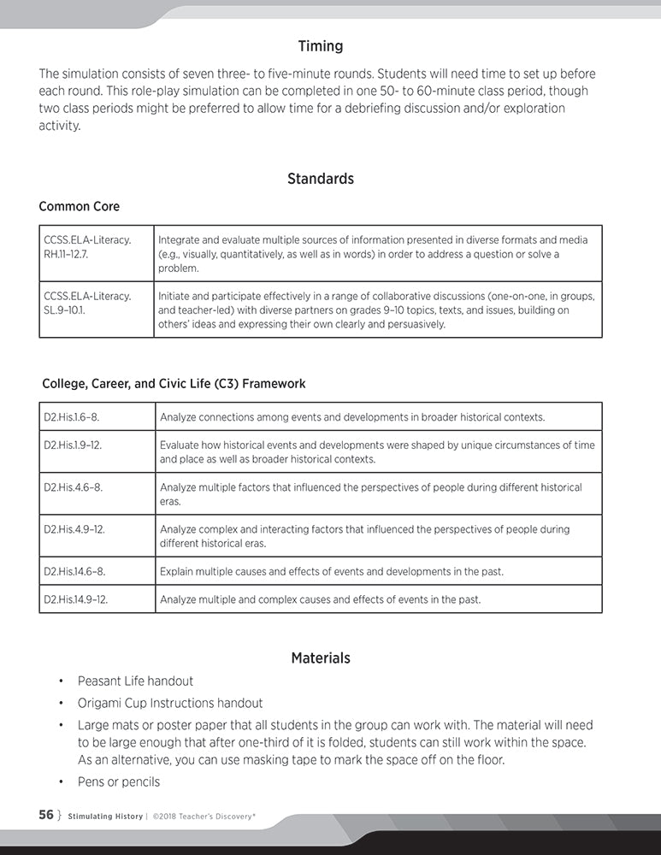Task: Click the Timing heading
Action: (321, 46)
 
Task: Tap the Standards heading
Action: (321, 179)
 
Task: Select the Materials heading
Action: (321, 658)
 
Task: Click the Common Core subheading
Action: (80, 207)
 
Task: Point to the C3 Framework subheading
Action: (174, 384)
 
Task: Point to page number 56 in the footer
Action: (46, 816)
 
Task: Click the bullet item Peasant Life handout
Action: (135, 681)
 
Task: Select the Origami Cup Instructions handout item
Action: (170, 703)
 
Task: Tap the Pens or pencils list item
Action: (119, 781)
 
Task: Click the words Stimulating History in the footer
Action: (105, 817)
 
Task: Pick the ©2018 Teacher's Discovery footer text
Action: (204, 817)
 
